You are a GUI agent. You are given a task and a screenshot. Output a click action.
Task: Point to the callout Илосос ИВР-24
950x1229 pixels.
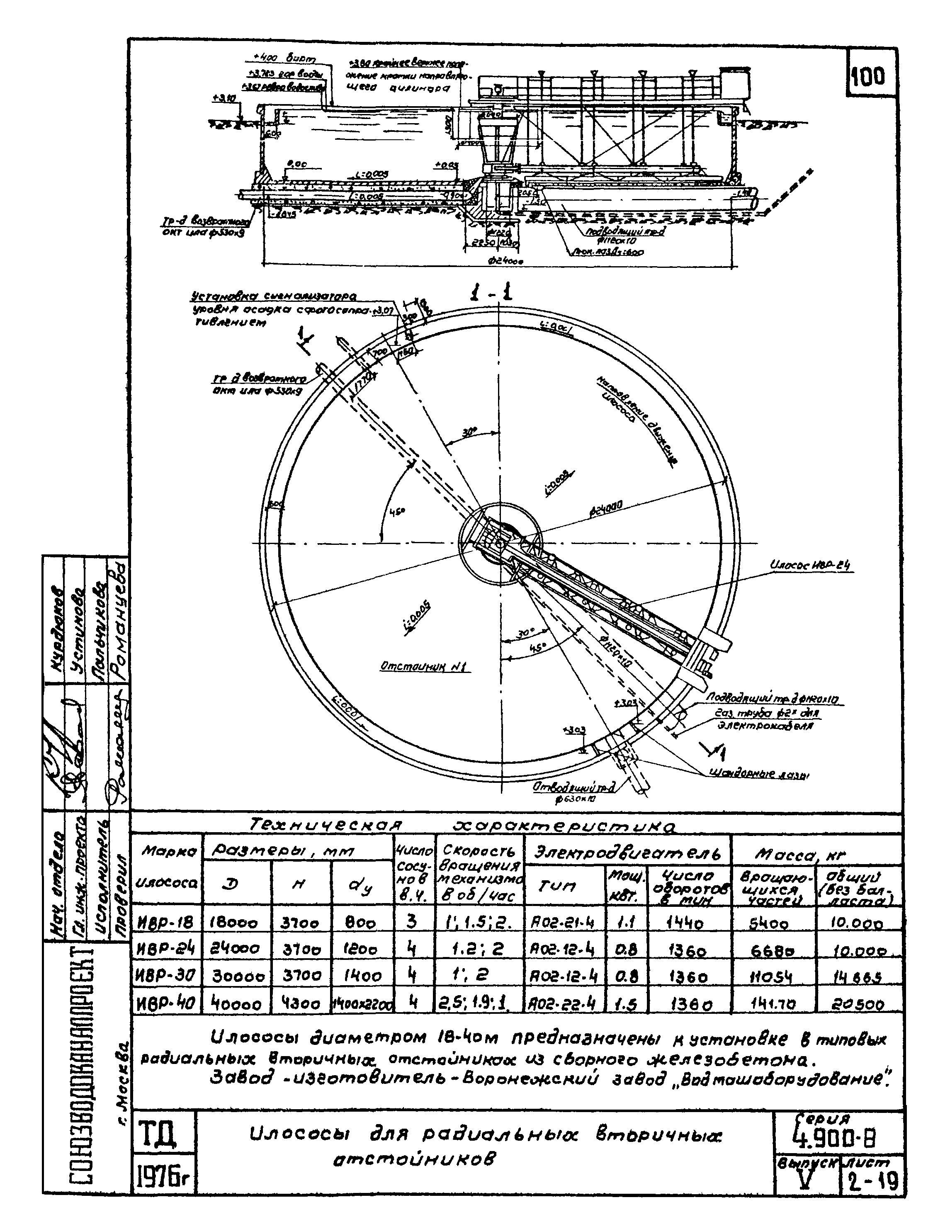812,567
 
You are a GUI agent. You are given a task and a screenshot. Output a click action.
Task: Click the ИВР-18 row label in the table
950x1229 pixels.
165,922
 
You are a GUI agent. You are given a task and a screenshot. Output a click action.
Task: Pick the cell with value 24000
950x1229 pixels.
236,949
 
